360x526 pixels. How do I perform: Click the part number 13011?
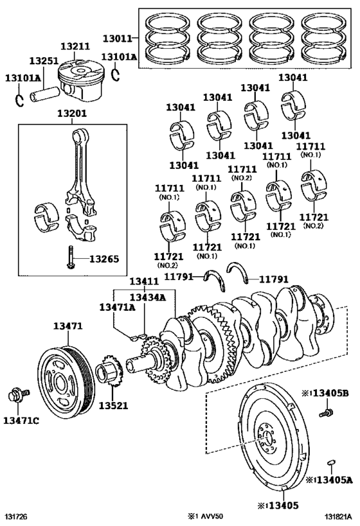tap(117, 39)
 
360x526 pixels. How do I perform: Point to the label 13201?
tap(72, 114)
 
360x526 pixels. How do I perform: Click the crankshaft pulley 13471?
tap(64, 381)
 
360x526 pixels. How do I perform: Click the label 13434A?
tap(148, 297)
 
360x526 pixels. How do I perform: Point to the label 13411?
tap(145, 282)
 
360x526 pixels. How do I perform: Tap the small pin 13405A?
tap(331, 462)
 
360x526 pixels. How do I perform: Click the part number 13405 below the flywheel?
tap(283, 505)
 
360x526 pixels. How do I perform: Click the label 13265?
tap(104, 259)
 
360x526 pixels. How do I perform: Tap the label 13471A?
tap(117, 307)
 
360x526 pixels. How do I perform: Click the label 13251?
tap(44, 61)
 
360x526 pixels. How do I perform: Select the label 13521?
tap(114, 405)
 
